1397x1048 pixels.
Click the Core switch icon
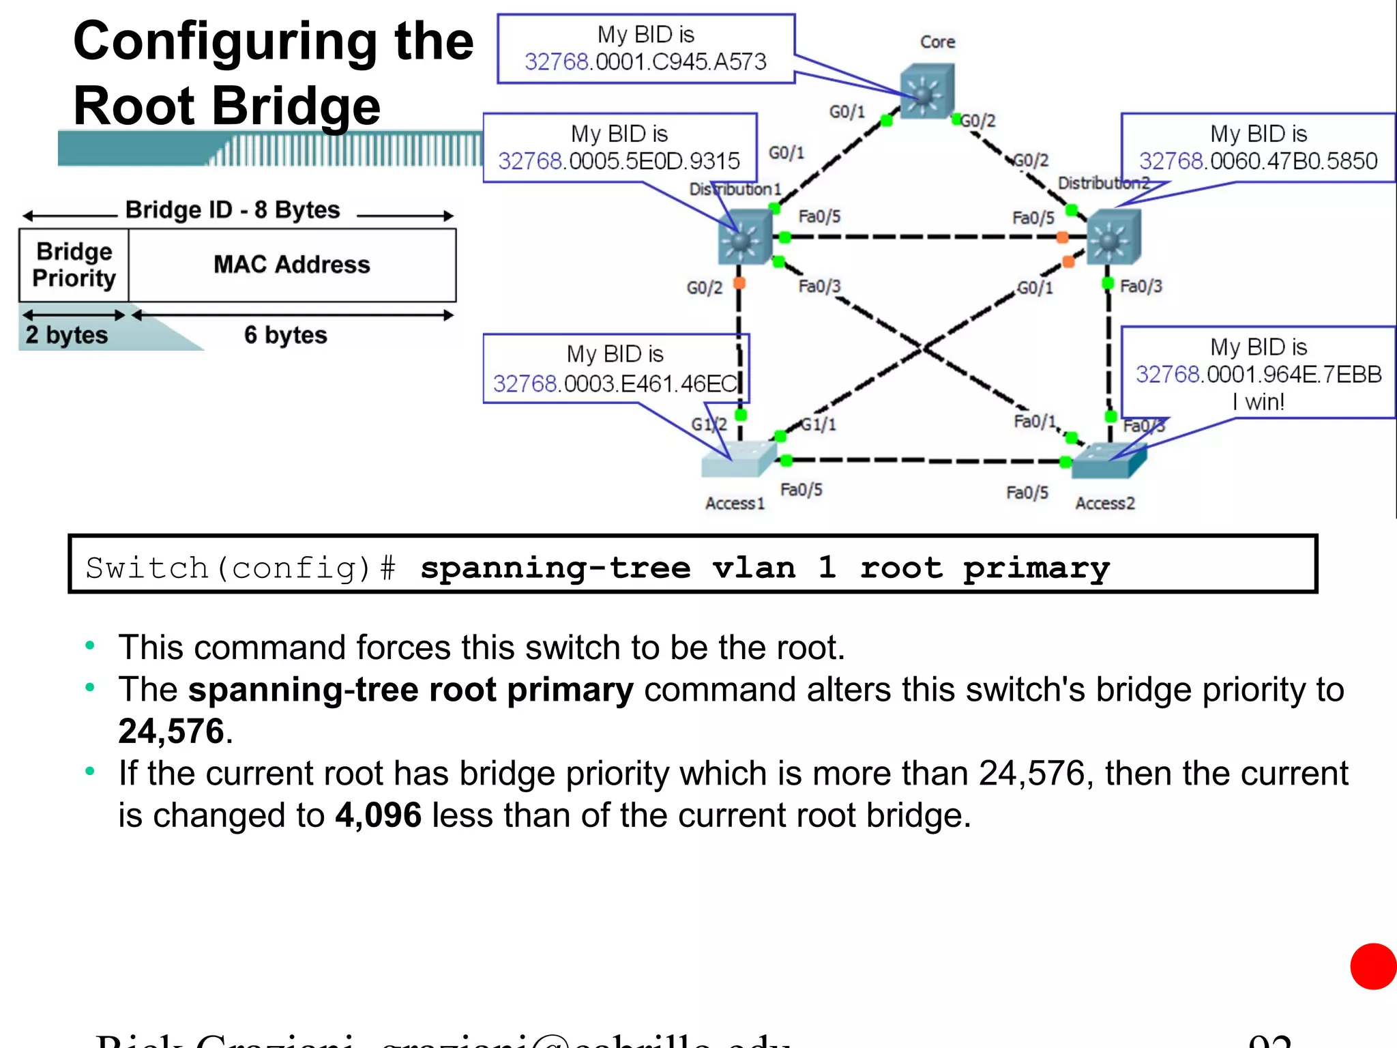(926, 91)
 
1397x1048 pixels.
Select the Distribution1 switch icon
(744, 237)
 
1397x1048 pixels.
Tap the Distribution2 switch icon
(1113, 237)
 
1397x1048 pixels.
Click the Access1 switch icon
(739, 458)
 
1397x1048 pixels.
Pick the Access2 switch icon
(1108, 461)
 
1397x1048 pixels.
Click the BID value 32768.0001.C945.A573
(645, 62)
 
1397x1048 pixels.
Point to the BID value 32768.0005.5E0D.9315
(619, 161)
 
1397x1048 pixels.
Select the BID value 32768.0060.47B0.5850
(1258, 161)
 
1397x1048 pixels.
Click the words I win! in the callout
(1258, 402)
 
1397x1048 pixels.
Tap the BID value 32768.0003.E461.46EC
(615, 383)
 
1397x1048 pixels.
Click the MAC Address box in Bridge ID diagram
(292, 265)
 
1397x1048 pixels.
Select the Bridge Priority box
(74, 265)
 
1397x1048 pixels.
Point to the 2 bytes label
(67, 335)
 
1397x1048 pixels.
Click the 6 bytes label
(286, 335)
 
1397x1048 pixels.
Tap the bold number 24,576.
(171, 731)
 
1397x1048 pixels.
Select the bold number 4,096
(378, 815)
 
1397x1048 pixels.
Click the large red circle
(1373, 966)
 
